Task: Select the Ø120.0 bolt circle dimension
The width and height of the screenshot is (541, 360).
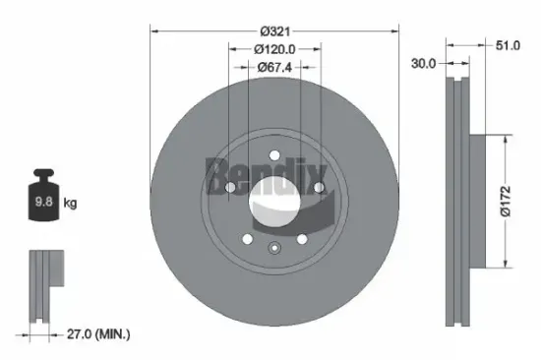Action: click(x=275, y=48)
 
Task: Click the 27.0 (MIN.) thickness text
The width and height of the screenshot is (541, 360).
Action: click(x=92, y=334)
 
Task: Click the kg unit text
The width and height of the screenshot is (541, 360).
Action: click(x=69, y=204)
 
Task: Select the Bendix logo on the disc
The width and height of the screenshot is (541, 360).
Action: click(x=263, y=175)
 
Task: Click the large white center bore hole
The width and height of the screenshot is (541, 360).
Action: click(x=274, y=203)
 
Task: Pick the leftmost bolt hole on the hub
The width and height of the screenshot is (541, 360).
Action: click(x=229, y=186)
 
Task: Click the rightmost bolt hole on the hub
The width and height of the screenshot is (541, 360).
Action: click(x=320, y=186)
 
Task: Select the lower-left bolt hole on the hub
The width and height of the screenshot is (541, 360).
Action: click(x=246, y=239)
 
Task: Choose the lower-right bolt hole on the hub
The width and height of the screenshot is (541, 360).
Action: click(x=303, y=239)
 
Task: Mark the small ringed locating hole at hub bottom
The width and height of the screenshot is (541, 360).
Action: click(x=274, y=248)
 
